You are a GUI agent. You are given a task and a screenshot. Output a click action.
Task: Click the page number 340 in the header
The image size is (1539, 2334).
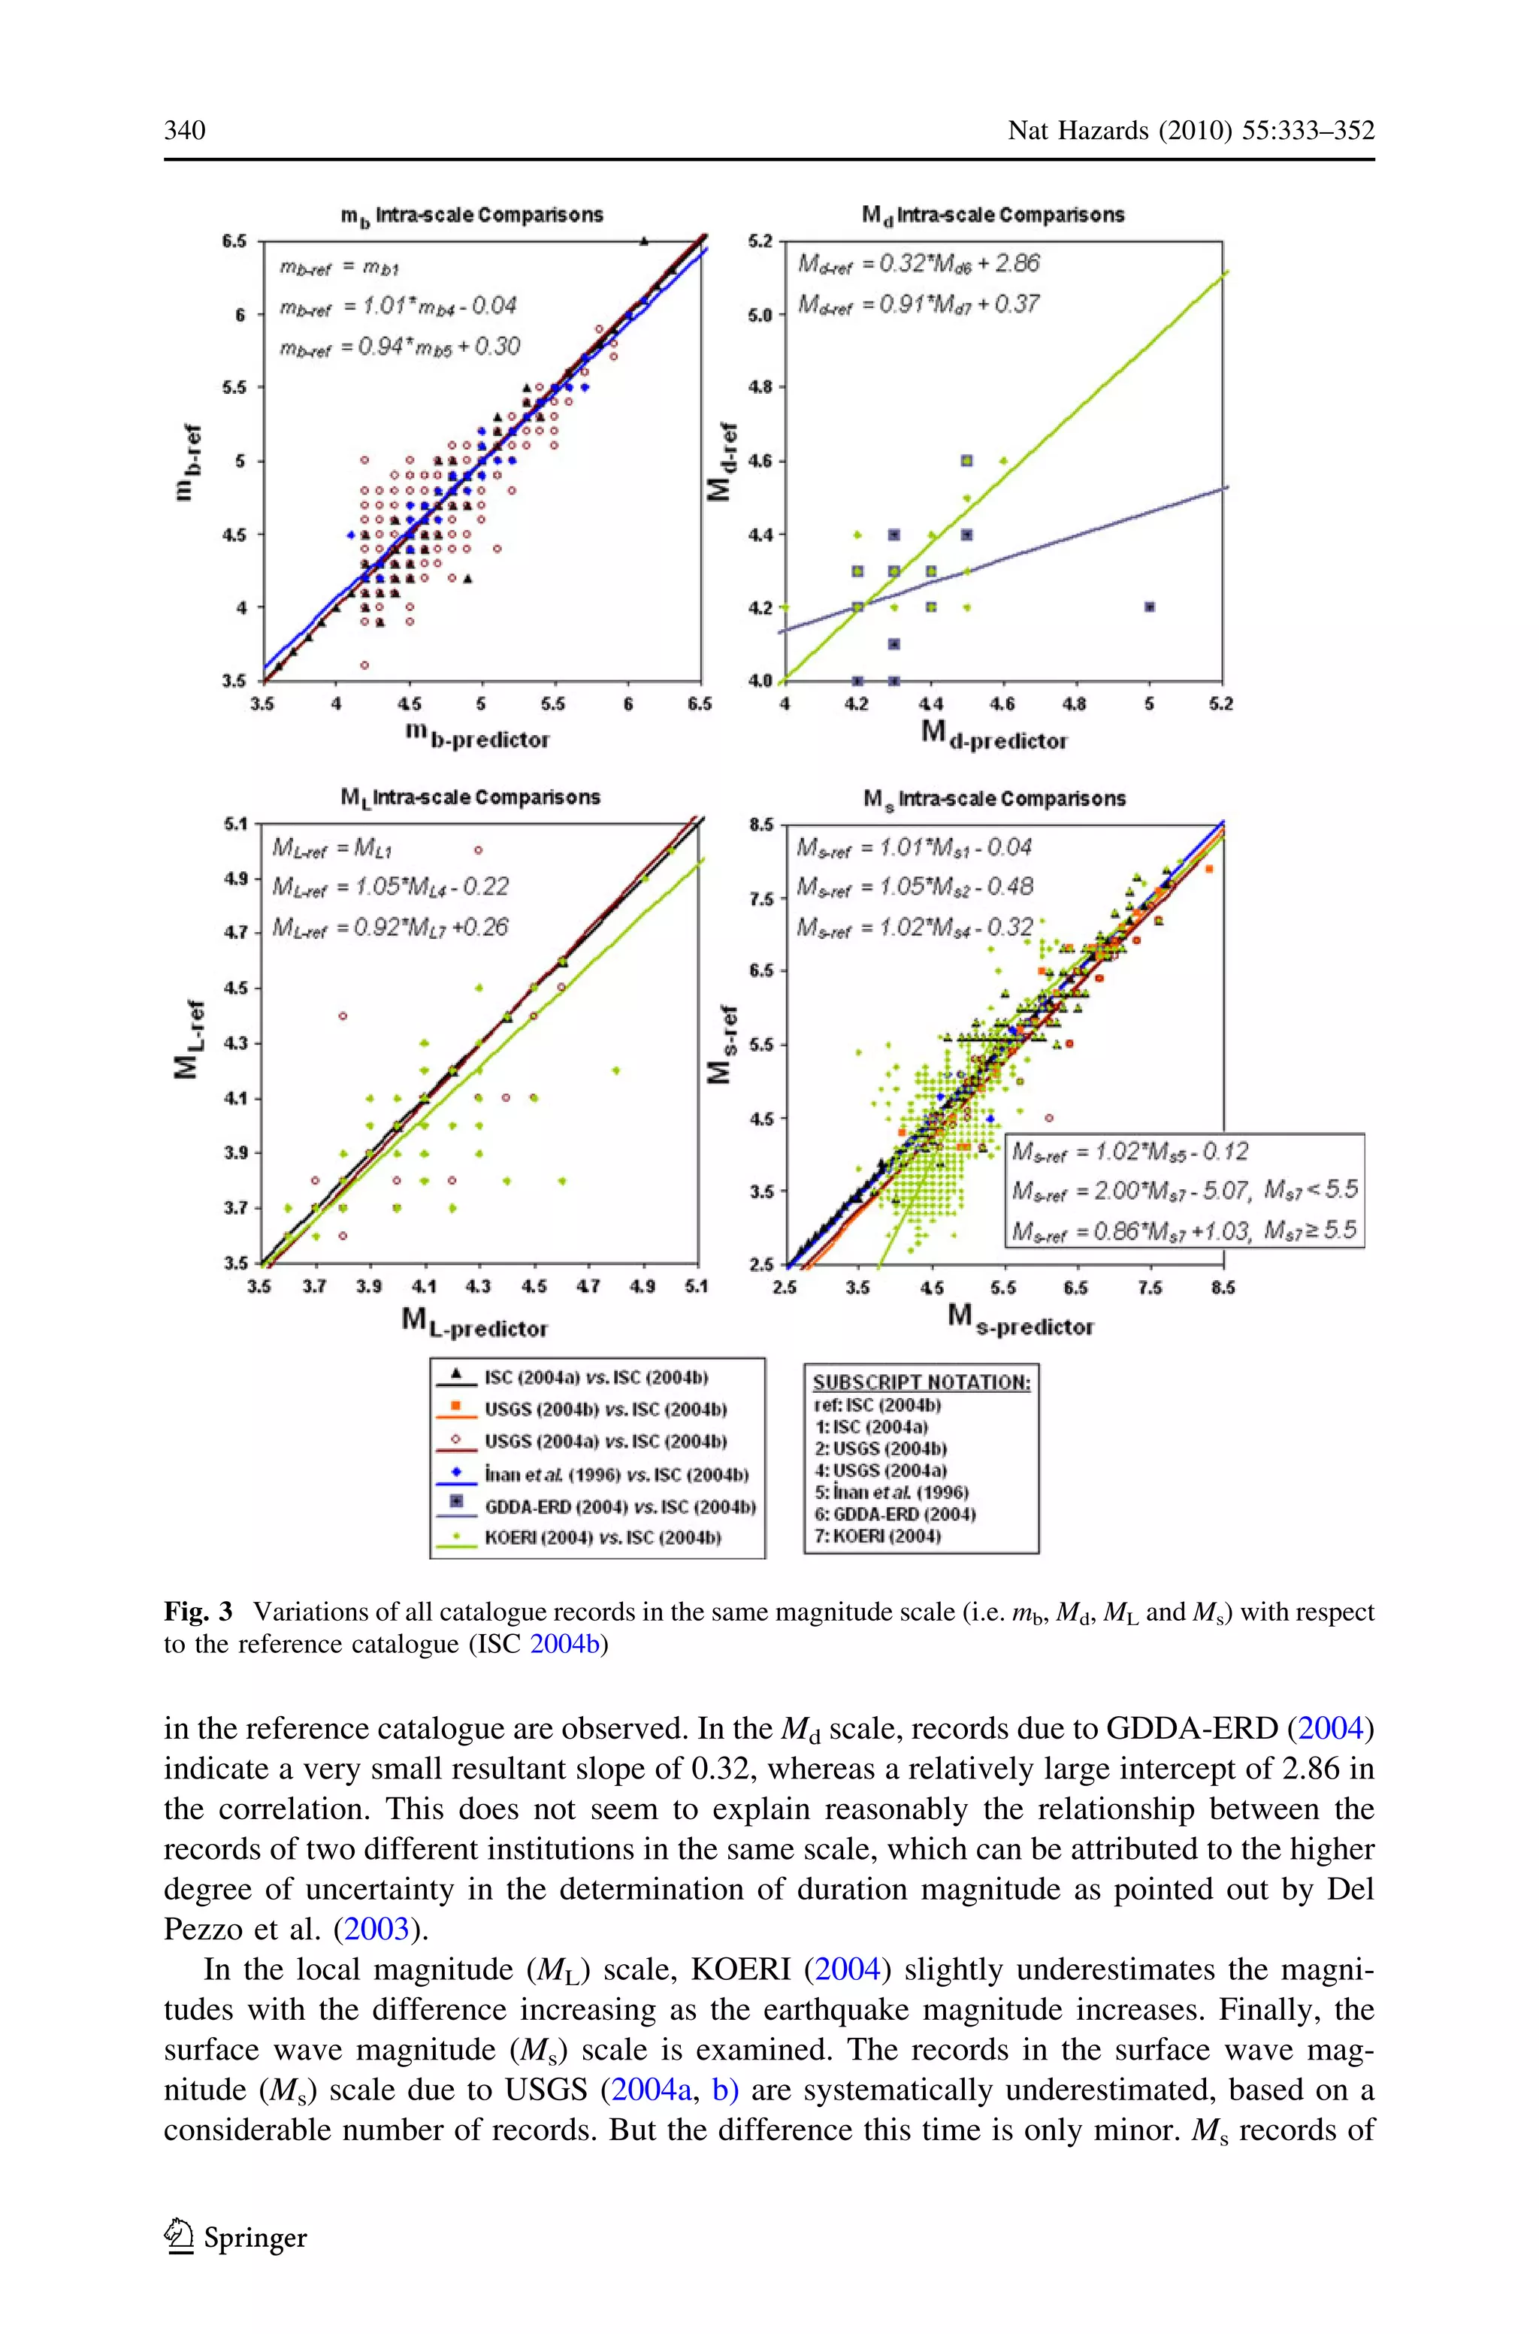[x=185, y=131]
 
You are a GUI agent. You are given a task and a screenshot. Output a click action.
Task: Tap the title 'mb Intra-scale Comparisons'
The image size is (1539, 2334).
[x=471, y=215]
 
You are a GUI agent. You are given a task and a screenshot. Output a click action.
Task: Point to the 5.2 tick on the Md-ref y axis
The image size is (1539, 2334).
[x=762, y=241]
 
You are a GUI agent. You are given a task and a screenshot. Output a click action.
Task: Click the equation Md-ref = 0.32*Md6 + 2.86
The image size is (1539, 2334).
[x=918, y=264]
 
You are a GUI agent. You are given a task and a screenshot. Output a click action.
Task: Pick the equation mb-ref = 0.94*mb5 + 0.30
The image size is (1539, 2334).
[x=400, y=347]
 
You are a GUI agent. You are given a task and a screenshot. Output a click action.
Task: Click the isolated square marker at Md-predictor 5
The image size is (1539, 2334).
[x=1149, y=607]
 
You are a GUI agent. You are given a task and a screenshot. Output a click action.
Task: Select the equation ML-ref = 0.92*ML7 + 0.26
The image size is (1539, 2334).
[x=390, y=928]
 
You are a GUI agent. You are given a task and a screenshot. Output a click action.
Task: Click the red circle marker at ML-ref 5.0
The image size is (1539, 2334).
[x=478, y=850]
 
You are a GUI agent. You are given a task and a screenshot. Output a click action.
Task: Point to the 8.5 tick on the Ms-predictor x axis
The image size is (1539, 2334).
[x=1222, y=1288]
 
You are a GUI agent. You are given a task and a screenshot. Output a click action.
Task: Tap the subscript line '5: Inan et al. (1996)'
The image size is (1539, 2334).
[x=890, y=1492]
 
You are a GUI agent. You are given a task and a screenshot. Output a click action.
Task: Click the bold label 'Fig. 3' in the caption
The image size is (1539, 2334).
[x=198, y=1612]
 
